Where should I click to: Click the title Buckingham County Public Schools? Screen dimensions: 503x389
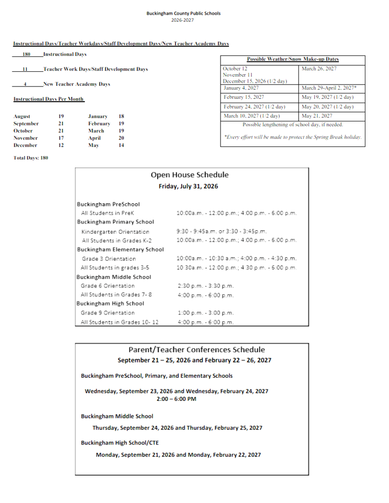click(x=183, y=13)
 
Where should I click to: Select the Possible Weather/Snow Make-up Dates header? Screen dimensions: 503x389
click(x=292, y=59)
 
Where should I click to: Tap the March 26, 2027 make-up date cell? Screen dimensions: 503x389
click(x=319, y=69)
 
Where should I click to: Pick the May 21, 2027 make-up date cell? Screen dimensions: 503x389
click(x=317, y=116)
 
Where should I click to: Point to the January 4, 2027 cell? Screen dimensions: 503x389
click(x=241, y=88)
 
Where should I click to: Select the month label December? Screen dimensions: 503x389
click(x=26, y=145)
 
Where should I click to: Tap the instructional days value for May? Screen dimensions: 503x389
click(x=121, y=145)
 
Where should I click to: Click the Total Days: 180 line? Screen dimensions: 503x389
click(x=31, y=158)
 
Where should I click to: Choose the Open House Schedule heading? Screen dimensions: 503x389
click(x=189, y=175)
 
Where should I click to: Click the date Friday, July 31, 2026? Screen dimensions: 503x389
click(x=188, y=187)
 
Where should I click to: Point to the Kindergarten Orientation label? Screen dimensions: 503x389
click(x=115, y=232)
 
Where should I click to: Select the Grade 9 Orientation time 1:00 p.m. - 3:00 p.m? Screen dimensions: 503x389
click(x=205, y=313)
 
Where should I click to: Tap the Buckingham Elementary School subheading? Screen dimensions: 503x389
click(x=120, y=250)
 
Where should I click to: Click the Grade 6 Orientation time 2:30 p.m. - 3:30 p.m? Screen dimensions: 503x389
click(x=205, y=286)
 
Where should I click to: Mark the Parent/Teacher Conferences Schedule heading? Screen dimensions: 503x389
click(x=196, y=350)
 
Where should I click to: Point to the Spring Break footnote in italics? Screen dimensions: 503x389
click(x=292, y=137)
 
